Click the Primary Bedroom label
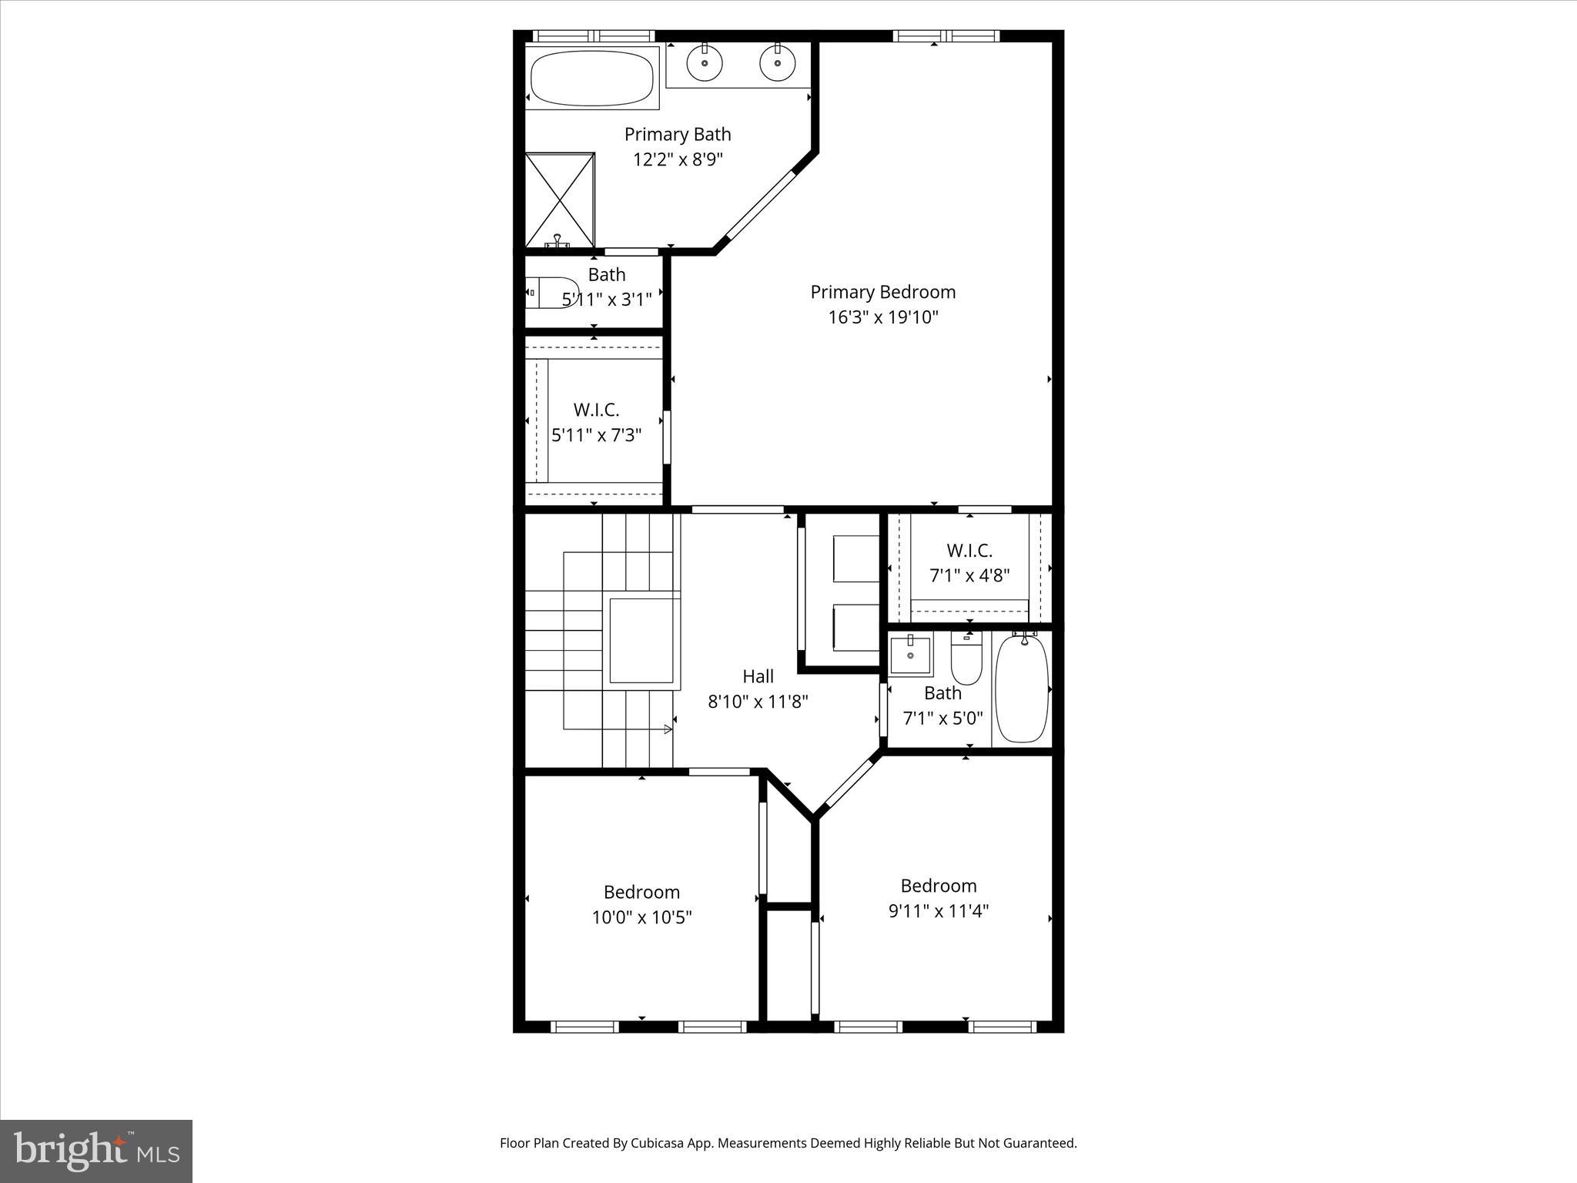click(882, 292)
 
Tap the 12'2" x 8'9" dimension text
click(678, 159)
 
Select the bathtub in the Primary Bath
click(592, 78)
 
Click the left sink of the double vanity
click(704, 62)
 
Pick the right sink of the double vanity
click(777, 62)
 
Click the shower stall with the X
click(560, 199)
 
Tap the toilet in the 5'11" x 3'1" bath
click(551, 293)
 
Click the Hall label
click(758, 676)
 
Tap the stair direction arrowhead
click(668, 729)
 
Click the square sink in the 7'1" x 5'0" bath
click(910, 655)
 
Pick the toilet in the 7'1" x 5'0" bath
click(966, 661)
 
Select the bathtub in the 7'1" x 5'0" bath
click(1022, 688)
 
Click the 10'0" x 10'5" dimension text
click(641, 917)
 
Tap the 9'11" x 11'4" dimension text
click(938, 911)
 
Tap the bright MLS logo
click(96, 1151)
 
